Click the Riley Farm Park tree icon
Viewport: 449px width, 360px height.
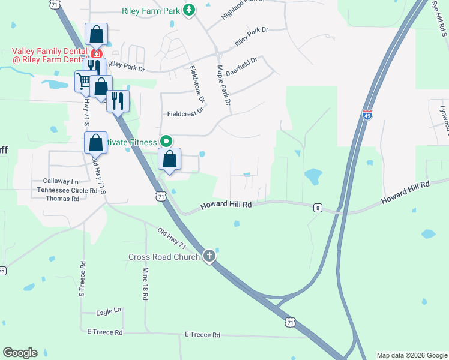point(189,10)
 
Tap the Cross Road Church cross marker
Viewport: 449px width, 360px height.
point(209,256)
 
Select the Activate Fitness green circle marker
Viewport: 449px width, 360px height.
point(167,142)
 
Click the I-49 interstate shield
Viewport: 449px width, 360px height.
point(367,114)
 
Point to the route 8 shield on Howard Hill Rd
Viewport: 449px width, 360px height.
point(318,208)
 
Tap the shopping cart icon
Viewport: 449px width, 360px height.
point(84,80)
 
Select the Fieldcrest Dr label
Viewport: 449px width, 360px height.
point(185,112)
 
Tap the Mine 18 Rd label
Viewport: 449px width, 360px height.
point(145,284)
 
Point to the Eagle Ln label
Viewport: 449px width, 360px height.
point(109,312)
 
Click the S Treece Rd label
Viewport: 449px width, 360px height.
point(82,278)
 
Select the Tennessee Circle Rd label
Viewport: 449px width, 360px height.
point(67,190)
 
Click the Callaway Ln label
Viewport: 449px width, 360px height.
point(61,181)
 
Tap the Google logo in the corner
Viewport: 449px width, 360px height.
point(20,353)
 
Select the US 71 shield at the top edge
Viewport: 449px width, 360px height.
point(55,4)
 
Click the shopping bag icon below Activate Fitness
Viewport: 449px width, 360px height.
point(170,160)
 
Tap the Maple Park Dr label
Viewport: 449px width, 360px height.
point(224,86)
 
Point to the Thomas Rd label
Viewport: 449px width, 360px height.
point(62,199)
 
